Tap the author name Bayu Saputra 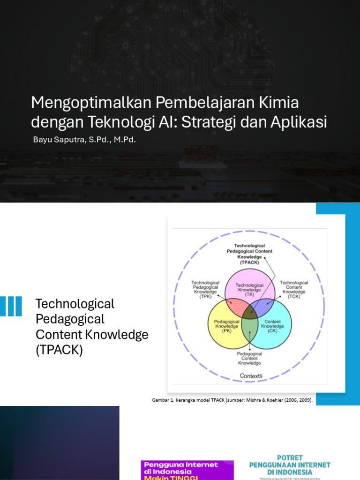coord(59,140)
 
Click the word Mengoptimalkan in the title coord(91,102)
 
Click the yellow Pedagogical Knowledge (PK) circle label coord(226,324)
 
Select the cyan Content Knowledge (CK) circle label coord(272,324)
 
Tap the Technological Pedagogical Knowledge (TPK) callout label coord(205,289)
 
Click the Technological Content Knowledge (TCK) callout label coord(294,289)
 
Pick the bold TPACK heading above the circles coord(249,254)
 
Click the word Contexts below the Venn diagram coord(251,375)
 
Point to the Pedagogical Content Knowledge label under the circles coord(249,358)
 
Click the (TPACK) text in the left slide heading coord(59,350)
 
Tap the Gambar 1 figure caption coord(232,400)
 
